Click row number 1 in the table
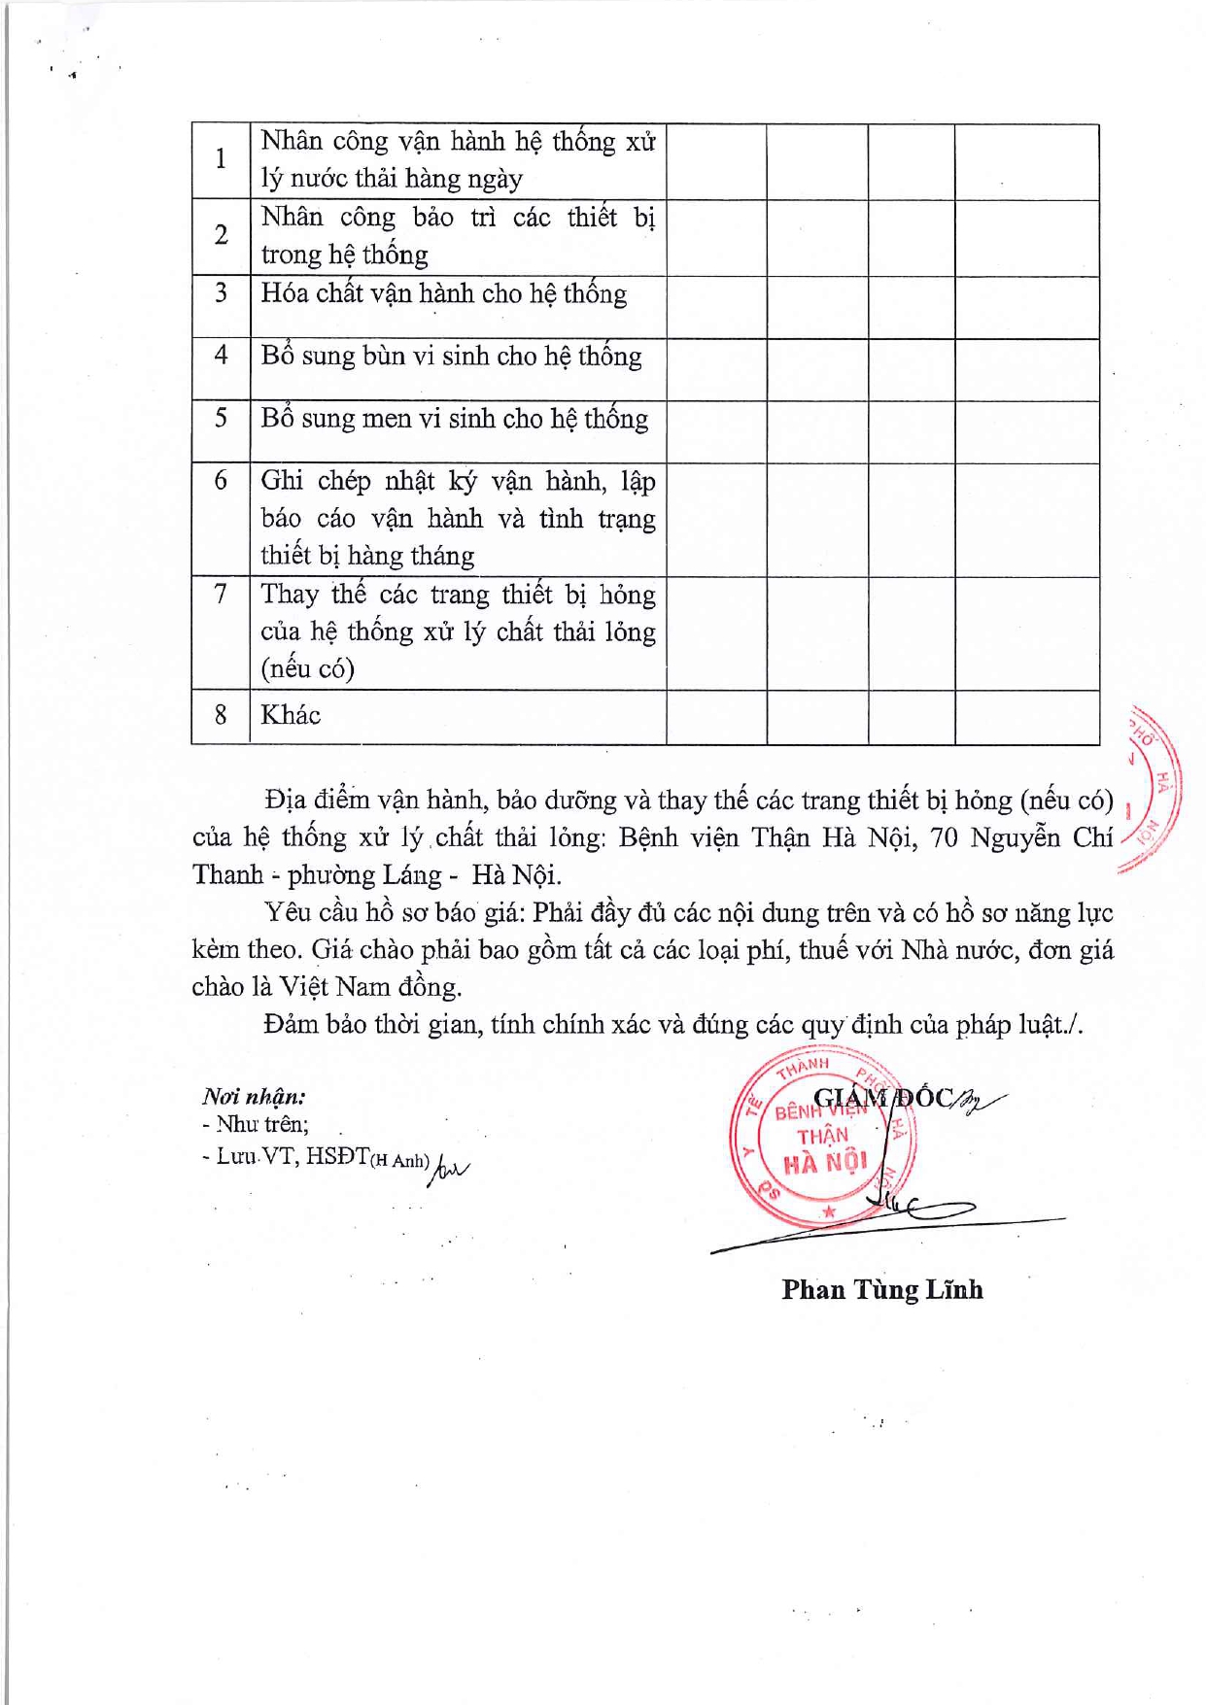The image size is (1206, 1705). tap(221, 159)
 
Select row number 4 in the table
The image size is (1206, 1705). tap(221, 356)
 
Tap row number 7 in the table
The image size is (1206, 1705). tap(221, 594)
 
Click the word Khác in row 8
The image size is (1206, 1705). tap(291, 716)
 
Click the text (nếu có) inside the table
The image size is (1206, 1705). tap(307, 669)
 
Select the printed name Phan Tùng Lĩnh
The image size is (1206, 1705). tap(881, 1290)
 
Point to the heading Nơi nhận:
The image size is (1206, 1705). tap(254, 1097)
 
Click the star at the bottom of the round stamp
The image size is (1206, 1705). tap(829, 1211)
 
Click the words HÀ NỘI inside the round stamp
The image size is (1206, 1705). tap(825, 1162)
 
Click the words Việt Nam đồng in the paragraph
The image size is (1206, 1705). tap(369, 987)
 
